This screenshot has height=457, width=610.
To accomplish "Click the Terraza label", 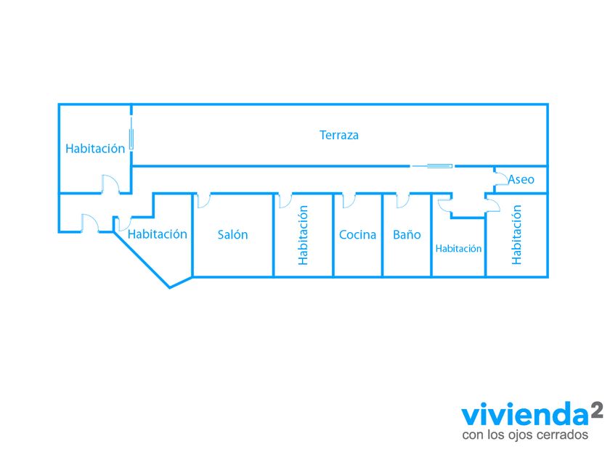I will (x=339, y=135).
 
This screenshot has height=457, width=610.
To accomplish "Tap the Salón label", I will (x=232, y=234).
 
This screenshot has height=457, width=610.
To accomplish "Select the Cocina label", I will (x=357, y=234).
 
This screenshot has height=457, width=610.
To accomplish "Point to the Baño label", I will (x=407, y=234).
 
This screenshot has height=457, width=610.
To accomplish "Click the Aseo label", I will (x=521, y=179).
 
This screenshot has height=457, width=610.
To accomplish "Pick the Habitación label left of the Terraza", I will (x=95, y=148).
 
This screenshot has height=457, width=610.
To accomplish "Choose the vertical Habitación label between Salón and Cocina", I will (x=304, y=234).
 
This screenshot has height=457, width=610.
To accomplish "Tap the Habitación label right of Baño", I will (x=458, y=248).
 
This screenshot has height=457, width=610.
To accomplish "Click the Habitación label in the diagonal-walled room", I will (x=157, y=234).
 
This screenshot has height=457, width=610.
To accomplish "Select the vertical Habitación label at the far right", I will (x=517, y=234).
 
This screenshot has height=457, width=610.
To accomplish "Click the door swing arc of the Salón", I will (x=203, y=199).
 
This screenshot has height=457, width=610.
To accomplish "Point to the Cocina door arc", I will (x=349, y=199).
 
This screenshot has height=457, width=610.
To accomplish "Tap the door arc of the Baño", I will (x=402, y=199).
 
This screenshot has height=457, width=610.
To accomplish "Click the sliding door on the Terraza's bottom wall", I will (x=432, y=166).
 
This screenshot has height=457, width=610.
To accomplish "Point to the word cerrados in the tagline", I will (x=563, y=435).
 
